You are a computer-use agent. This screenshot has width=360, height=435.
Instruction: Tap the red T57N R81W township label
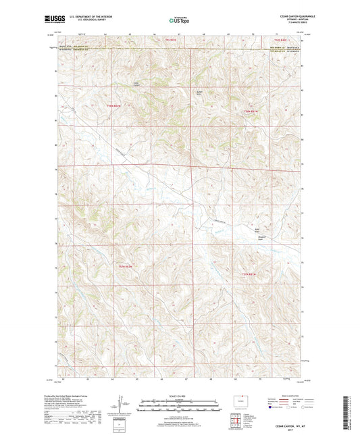pyautogui.click(x=250, y=273)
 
